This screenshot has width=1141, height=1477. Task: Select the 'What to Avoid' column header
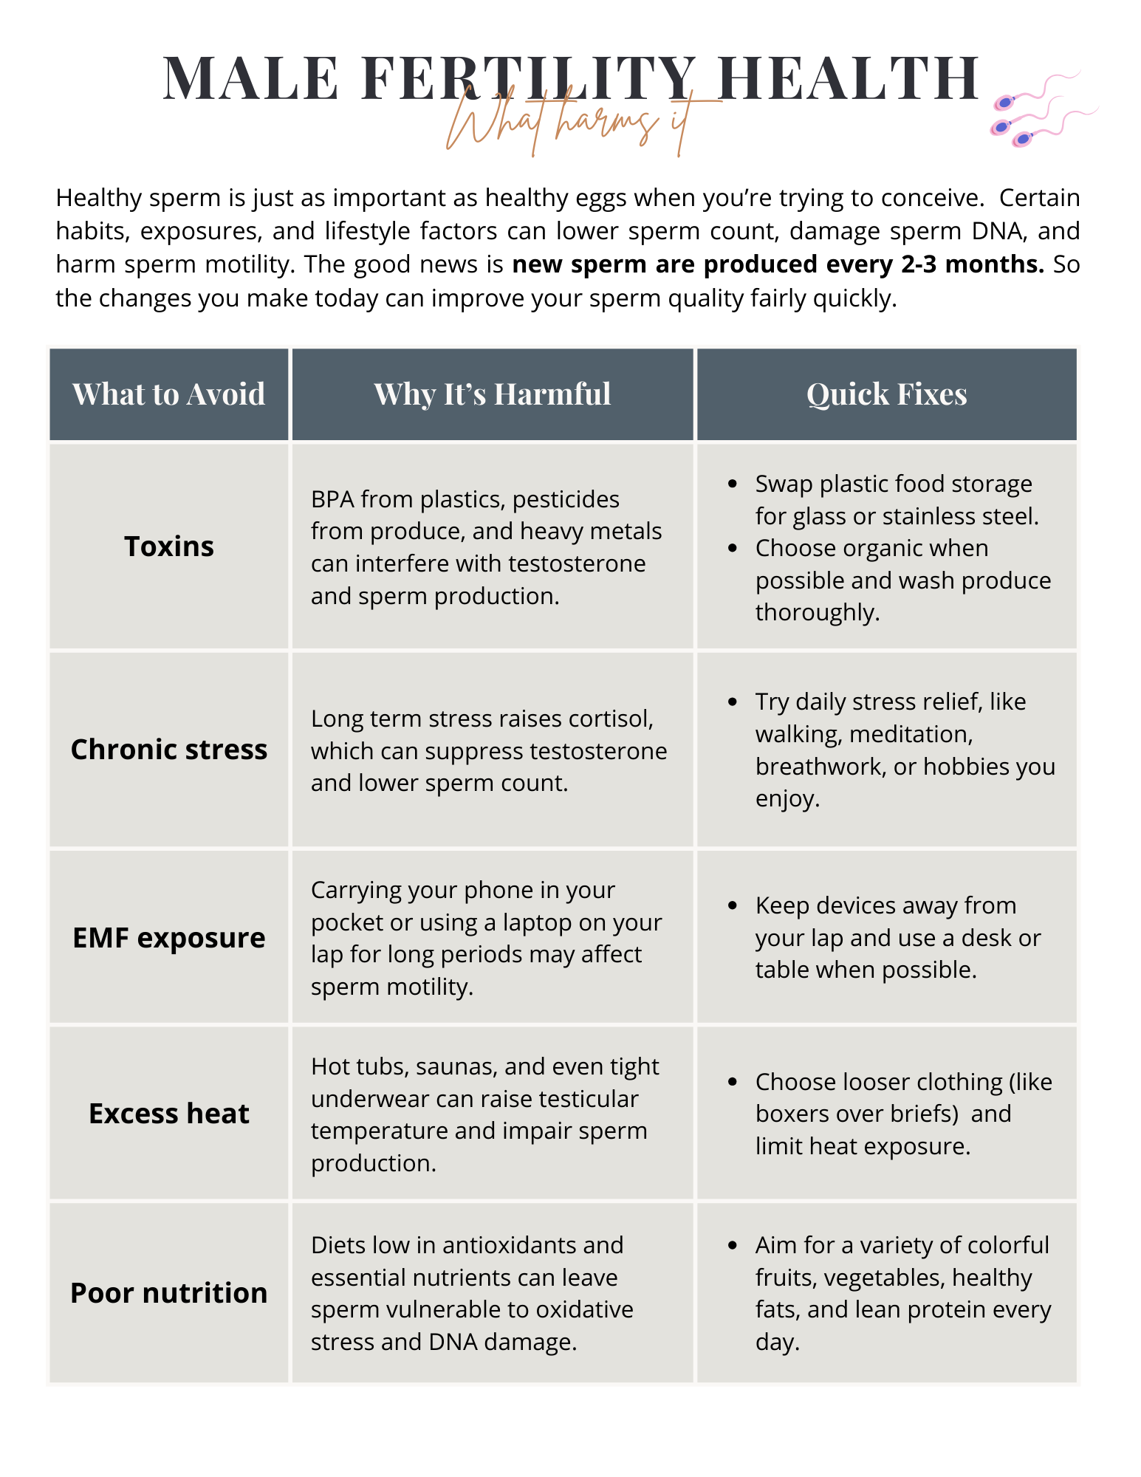pyautogui.click(x=168, y=394)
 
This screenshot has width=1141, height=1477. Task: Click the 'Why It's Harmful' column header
pyautogui.click(x=492, y=394)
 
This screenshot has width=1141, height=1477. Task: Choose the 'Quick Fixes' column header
pyautogui.click(x=886, y=394)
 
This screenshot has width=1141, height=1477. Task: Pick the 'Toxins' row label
pyautogui.click(x=168, y=546)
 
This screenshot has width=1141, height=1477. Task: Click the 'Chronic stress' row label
pyautogui.click(x=168, y=750)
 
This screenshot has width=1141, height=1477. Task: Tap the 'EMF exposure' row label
pyautogui.click(x=168, y=938)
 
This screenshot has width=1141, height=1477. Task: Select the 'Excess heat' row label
pyautogui.click(x=168, y=1114)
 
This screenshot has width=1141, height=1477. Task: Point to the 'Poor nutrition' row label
pyautogui.click(x=168, y=1293)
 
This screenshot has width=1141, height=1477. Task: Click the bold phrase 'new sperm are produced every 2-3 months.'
pyautogui.click(x=778, y=264)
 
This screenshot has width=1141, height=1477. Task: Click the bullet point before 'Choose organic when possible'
pyautogui.click(x=733, y=548)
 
